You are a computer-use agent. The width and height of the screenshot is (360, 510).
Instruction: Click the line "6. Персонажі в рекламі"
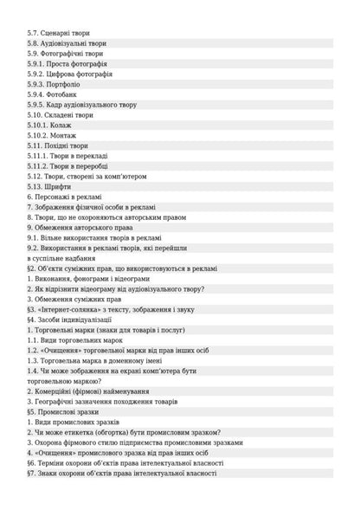pyautogui.click(x=64, y=197)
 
